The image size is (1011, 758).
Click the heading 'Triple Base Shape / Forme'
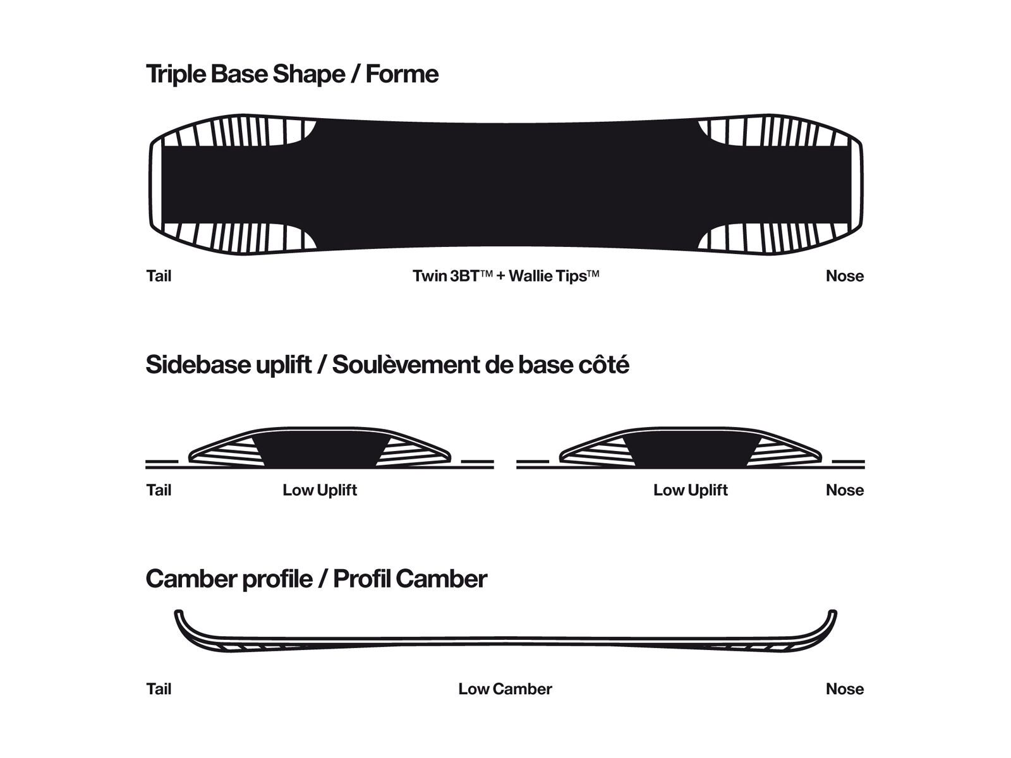292,75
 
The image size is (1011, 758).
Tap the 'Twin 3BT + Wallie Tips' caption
505,276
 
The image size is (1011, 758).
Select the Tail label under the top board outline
159,276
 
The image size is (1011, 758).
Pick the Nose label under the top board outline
845,276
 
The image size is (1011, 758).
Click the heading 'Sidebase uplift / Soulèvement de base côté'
387,365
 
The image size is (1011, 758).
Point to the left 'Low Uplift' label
320,490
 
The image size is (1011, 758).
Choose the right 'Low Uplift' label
691,490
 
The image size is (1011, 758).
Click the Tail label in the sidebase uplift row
159,490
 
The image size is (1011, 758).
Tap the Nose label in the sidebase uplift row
845,490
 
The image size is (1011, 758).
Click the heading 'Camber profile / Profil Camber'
317,579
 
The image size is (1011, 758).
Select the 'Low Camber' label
505,689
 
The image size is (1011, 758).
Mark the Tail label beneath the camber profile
159,689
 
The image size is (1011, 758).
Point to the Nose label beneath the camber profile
845,689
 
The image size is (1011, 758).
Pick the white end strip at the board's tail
157,186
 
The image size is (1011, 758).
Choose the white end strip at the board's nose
855,186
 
